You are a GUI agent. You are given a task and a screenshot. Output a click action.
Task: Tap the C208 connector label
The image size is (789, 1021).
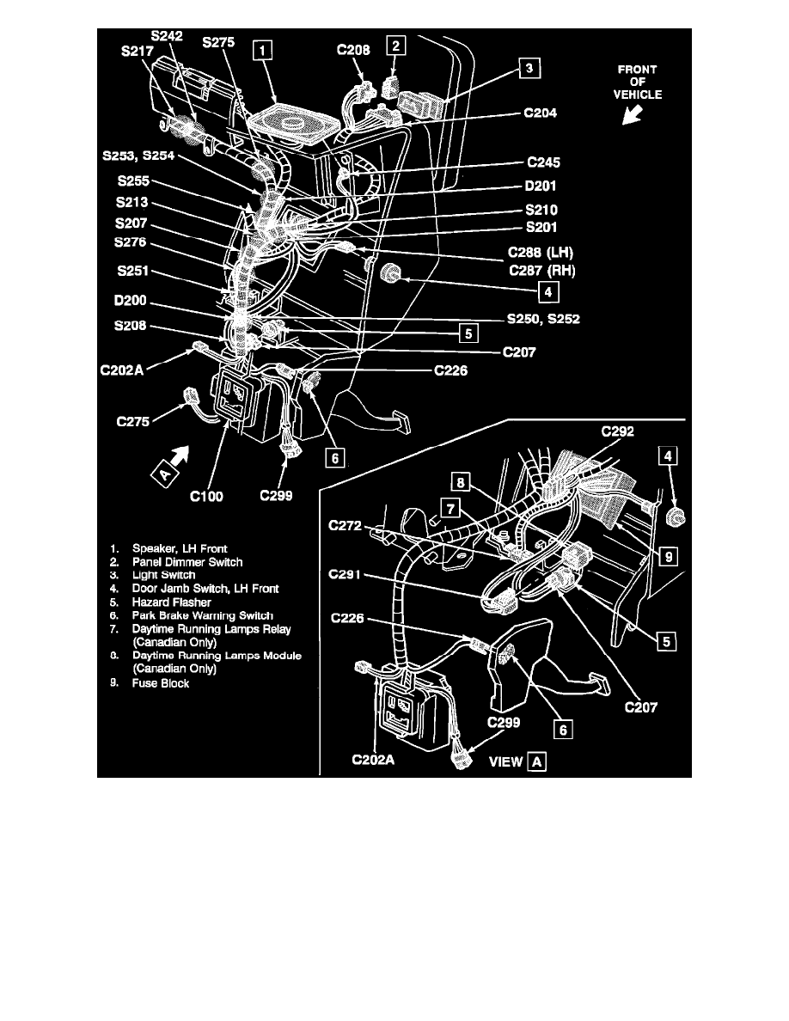click(353, 51)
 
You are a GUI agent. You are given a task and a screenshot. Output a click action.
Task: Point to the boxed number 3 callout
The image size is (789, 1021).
click(529, 67)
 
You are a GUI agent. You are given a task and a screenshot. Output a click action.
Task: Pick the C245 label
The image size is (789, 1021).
click(546, 162)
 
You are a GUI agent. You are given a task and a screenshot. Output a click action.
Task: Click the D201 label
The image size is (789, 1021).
click(546, 185)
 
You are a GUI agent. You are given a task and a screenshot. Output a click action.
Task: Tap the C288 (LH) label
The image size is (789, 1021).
click(540, 254)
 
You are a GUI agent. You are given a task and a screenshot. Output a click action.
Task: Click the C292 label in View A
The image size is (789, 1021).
click(616, 432)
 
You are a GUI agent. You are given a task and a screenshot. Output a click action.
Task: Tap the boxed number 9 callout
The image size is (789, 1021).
click(667, 557)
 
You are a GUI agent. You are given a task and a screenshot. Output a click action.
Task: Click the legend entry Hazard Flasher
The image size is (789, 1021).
click(171, 602)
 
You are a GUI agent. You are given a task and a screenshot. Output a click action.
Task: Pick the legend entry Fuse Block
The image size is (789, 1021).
click(161, 683)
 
